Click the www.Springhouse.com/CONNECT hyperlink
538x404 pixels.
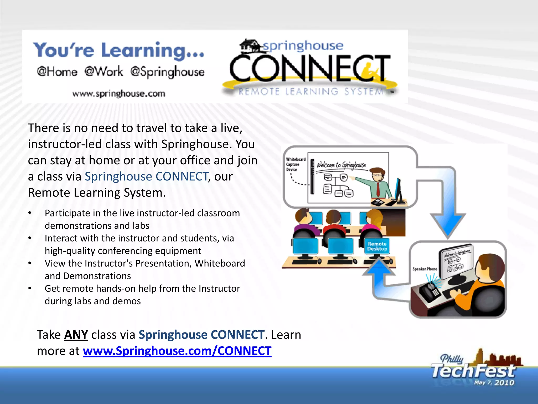pyautogui.click(x=177, y=351)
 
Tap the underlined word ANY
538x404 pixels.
pyautogui.click(x=76, y=335)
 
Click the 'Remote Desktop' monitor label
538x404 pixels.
pyautogui.click(x=377, y=246)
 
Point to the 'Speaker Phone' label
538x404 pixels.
pyautogui.click(x=425, y=269)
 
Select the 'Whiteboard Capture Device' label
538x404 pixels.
pyautogui.click(x=296, y=164)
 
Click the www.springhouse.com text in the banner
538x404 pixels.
pyautogui.click(x=119, y=94)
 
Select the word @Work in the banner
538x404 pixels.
pyautogui.click(x=104, y=71)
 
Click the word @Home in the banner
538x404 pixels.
pyautogui.click(x=57, y=71)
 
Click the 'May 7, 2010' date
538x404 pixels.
pyautogui.click(x=494, y=382)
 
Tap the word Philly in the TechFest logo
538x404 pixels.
pyautogui.click(x=452, y=358)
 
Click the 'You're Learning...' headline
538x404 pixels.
pyautogui.click(x=119, y=50)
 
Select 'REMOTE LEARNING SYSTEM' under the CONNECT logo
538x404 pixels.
pyautogui.click(x=311, y=92)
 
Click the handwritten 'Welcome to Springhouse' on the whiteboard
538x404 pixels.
pyautogui.click(x=341, y=165)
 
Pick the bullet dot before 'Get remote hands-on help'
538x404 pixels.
pyautogui.click(x=30, y=289)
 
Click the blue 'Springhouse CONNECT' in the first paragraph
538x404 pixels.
pyautogui.click(x=146, y=176)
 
